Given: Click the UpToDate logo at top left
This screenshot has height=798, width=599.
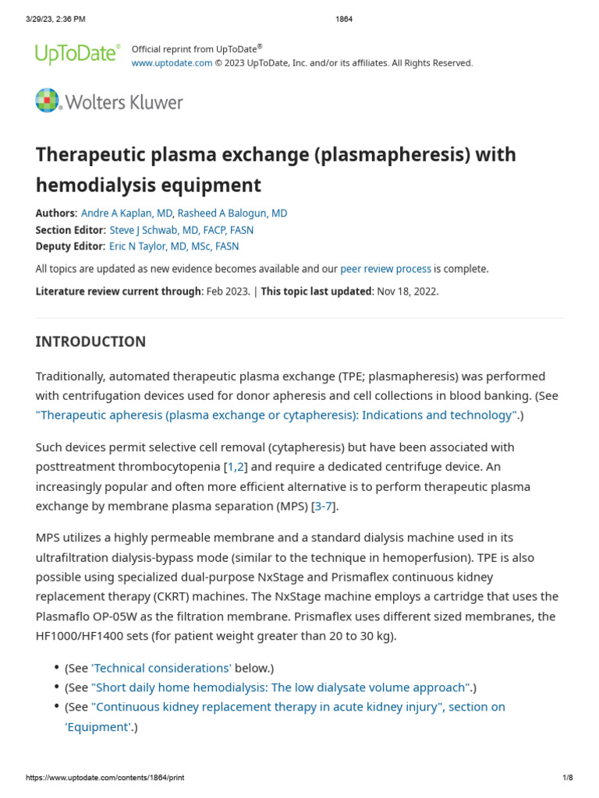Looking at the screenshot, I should click(x=77, y=54).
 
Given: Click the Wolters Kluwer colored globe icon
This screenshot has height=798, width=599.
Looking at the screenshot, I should click(x=47, y=101).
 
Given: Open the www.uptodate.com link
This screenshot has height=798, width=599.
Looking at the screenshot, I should click(x=172, y=63).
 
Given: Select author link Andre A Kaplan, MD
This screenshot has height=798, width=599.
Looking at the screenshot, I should click(x=127, y=214).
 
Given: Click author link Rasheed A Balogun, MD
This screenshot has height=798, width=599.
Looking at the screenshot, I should click(x=232, y=214).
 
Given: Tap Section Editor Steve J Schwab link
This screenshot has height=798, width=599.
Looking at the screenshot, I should click(x=182, y=230).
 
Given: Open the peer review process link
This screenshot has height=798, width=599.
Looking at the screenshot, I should click(x=385, y=269).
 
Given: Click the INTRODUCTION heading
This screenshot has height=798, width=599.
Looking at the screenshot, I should click(x=90, y=341).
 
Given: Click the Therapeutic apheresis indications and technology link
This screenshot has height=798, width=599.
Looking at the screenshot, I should click(x=277, y=415).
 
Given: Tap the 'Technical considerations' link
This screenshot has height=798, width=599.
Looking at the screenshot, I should click(x=161, y=668).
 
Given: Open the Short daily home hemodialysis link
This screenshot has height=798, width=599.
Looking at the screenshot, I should click(x=281, y=687).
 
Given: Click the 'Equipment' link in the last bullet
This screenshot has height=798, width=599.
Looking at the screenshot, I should click(x=97, y=727).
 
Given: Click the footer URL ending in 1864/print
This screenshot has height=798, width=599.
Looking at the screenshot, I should click(x=105, y=778).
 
